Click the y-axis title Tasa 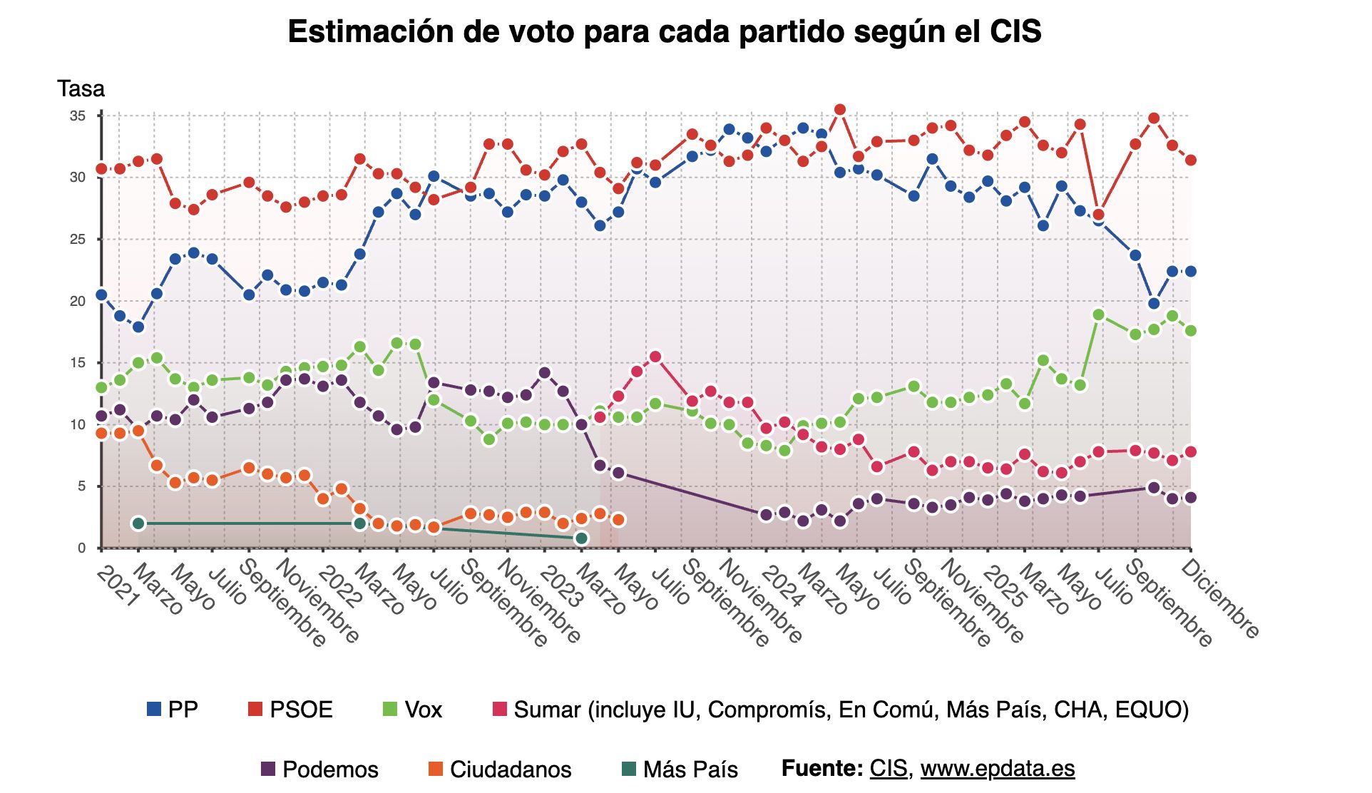click(81, 89)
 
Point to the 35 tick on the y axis click(77, 116)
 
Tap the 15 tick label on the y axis click(77, 363)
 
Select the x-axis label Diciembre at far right click(1220, 598)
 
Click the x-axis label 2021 click(118, 586)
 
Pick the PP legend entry click(173, 710)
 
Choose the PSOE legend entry click(290, 710)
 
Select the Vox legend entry click(413, 710)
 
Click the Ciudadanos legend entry click(500, 769)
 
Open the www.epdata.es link click(997, 768)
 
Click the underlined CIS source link click(888, 768)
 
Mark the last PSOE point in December click(1190, 160)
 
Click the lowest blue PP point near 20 click(1153, 304)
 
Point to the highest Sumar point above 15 click(655, 357)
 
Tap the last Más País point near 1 click(581, 538)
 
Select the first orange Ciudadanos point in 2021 click(101, 434)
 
